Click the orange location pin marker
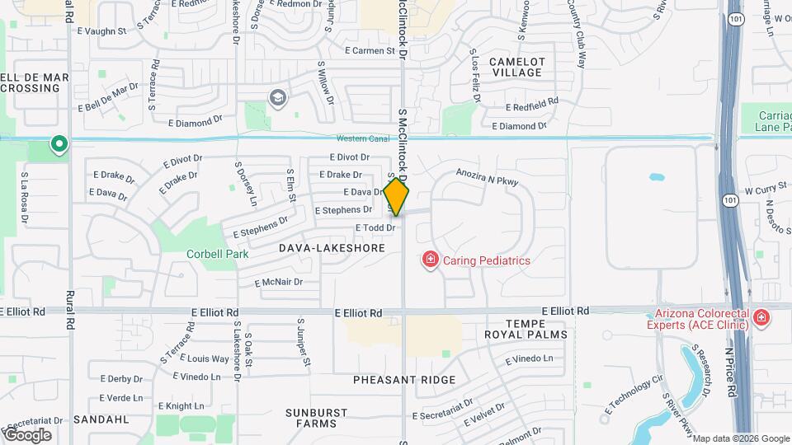(x=396, y=196)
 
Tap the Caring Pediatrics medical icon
(x=430, y=260)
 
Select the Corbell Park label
(x=217, y=255)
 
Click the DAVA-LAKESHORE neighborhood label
(x=332, y=247)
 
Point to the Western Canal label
(x=362, y=138)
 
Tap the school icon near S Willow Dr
(x=277, y=99)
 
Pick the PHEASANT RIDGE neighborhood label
(x=404, y=380)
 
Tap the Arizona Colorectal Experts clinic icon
(x=761, y=318)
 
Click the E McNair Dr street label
(x=279, y=282)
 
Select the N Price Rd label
(x=729, y=372)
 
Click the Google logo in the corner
(x=27, y=434)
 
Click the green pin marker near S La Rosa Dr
(x=59, y=145)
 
